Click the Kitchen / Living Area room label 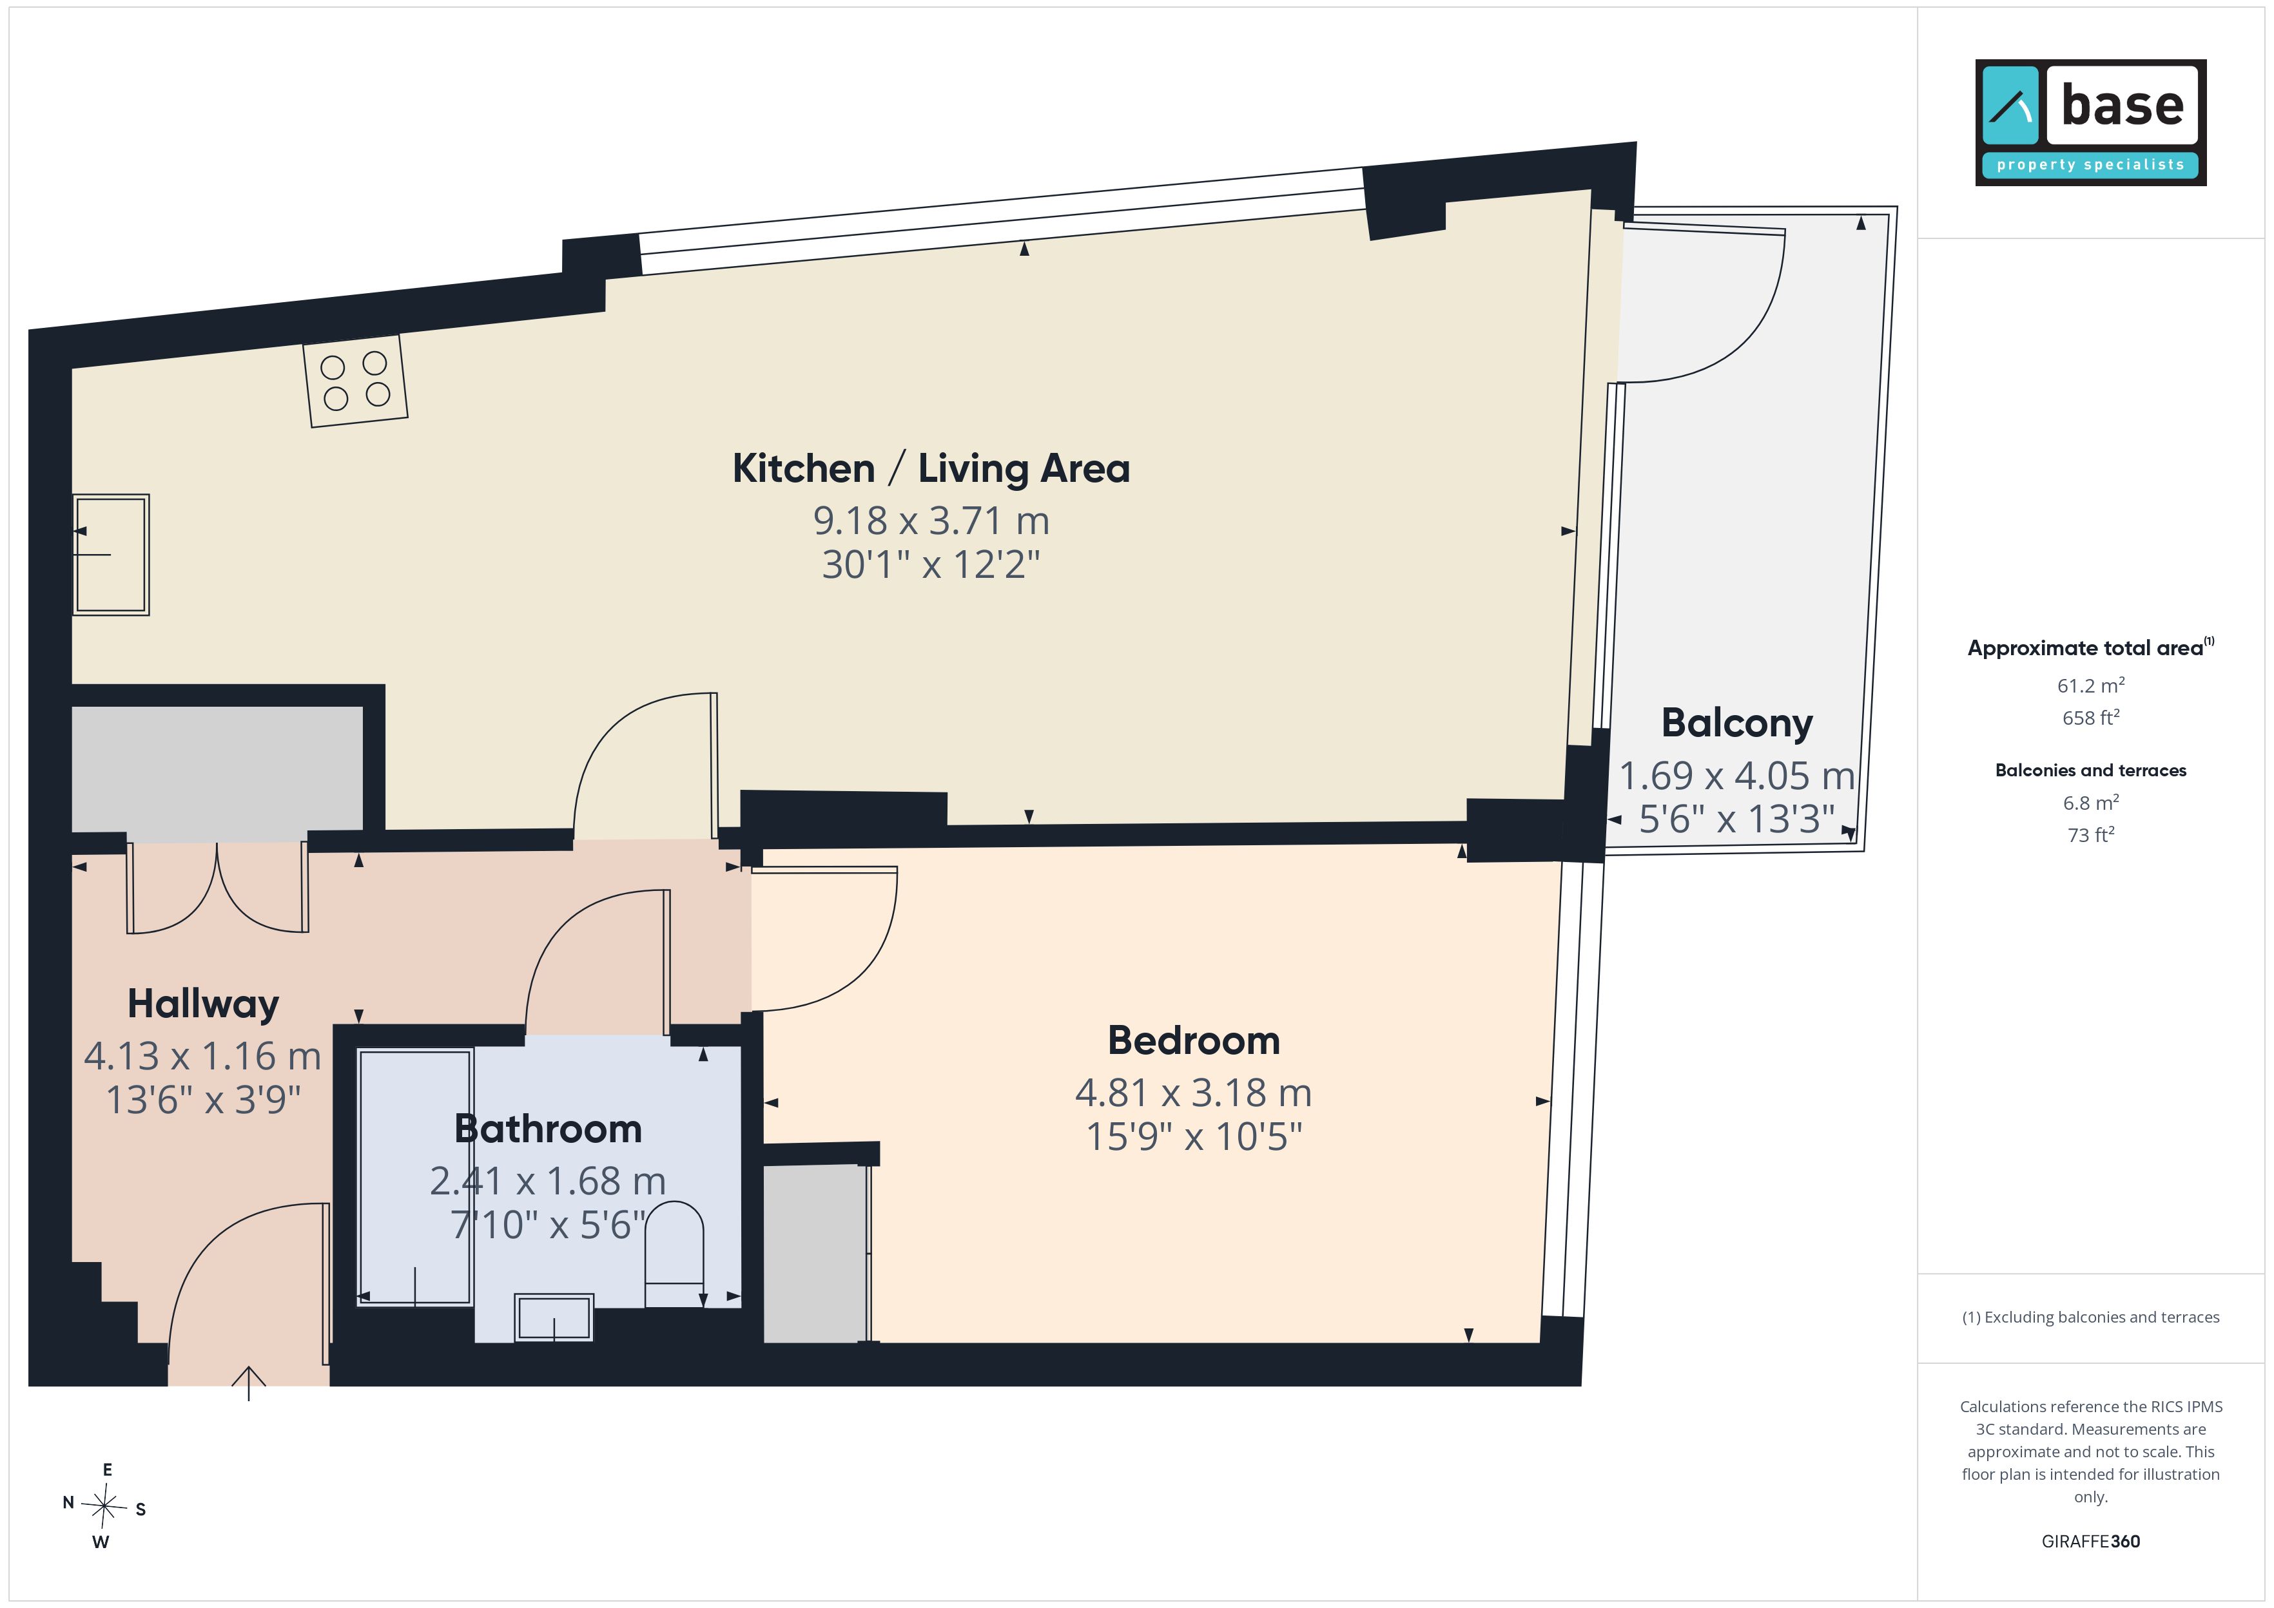tap(931, 468)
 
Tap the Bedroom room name tap(1194, 1040)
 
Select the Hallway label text tap(203, 1004)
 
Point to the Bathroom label tap(548, 1129)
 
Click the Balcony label tap(1736, 723)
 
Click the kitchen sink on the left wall tap(111, 555)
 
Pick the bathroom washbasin tap(554, 1318)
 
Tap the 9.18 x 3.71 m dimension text tap(931, 521)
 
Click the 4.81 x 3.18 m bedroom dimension tap(1194, 1093)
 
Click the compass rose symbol tap(104, 1506)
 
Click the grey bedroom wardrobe tap(815, 1254)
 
